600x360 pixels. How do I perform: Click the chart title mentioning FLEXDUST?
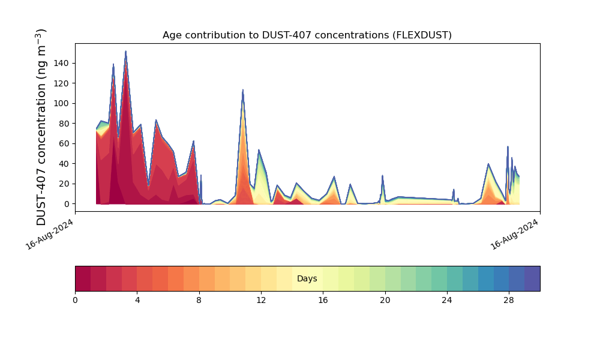pyautogui.click(x=307, y=35)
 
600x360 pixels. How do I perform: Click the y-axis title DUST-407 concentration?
pyautogui.click(x=41, y=127)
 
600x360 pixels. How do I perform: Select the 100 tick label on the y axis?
pyautogui.click(x=62, y=103)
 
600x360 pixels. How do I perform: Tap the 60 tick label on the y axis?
pyautogui.click(x=64, y=143)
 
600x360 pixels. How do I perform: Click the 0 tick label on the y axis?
pyautogui.click(x=67, y=204)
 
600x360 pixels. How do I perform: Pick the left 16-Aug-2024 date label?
pyautogui.click(x=49, y=235)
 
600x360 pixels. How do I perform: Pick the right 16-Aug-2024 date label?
pyautogui.click(x=514, y=235)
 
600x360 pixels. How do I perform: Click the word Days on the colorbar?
pyautogui.click(x=307, y=278)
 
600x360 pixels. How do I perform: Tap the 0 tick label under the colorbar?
pyautogui.click(x=75, y=301)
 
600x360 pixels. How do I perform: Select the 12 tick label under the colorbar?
pyautogui.click(x=261, y=301)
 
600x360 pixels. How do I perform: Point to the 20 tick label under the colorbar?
pyautogui.click(x=385, y=301)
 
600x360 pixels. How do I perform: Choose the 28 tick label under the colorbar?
pyautogui.click(x=509, y=301)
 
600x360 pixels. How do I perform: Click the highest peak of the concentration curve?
pyautogui.click(x=125, y=51)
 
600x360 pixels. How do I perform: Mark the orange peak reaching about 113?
pyautogui.click(x=242, y=90)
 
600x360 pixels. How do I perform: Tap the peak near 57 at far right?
pyautogui.click(x=508, y=146)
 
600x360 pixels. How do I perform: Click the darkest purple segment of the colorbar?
pyautogui.click(x=532, y=278)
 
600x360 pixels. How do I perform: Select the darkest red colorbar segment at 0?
pyautogui.click(x=83, y=278)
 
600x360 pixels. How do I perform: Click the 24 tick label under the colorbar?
pyautogui.click(x=447, y=301)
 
